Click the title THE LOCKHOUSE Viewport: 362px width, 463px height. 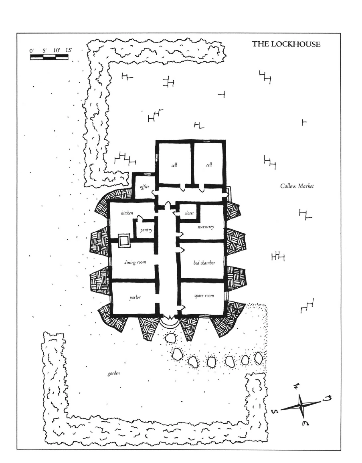(286, 44)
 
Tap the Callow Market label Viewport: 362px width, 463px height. (297, 186)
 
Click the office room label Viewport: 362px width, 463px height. (144, 187)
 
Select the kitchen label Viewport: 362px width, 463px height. (127, 213)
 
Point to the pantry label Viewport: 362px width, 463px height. (146, 230)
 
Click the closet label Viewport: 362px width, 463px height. (189, 213)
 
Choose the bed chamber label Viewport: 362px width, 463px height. (204, 263)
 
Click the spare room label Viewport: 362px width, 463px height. (204, 296)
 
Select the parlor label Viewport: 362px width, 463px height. (135, 297)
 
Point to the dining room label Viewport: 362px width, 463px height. (135, 262)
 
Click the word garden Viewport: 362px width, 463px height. (113, 374)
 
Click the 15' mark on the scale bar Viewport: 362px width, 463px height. (69, 51)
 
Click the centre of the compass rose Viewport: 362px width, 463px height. (300, 404)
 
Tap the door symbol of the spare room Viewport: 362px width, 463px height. (181, 308)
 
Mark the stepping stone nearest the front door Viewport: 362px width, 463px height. (170, 338)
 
